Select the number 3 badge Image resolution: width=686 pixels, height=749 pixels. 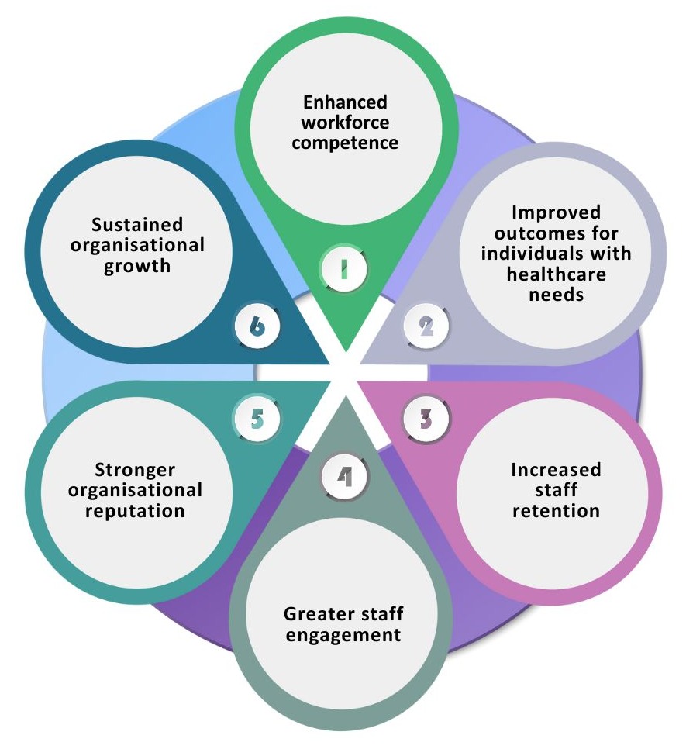(x=426, y=419)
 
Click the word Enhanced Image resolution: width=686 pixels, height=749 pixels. (x=345, y=102)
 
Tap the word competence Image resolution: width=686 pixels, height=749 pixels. (x=346, y=143)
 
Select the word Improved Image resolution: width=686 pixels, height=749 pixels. (x=557, y=213)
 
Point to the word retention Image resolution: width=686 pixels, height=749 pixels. (x=556, y=511)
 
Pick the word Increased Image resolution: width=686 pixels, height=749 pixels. (x=556, y=471)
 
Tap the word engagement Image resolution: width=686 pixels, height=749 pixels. (x=343, y=635)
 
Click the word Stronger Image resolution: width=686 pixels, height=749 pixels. (x=135, y=471)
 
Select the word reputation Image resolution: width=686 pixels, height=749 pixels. (x=136, y=511)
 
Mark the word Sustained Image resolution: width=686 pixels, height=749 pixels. (x=137, y=225)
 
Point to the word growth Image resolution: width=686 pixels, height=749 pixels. (x=138, y=265)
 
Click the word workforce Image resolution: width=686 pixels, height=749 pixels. (x=345, y=123)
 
